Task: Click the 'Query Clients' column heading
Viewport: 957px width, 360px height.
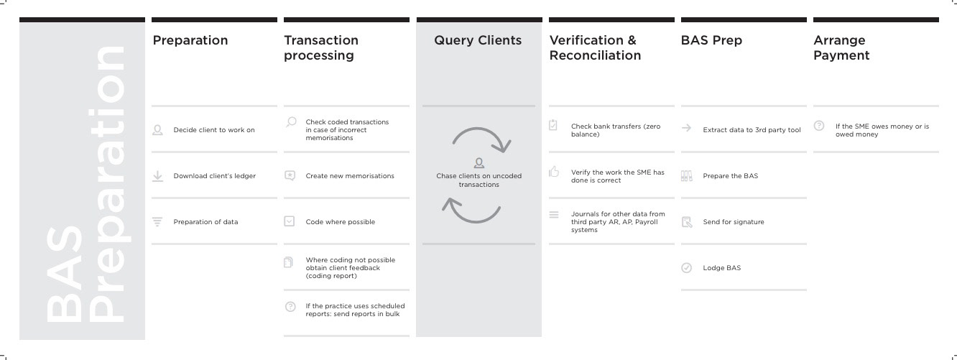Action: click(478, 40)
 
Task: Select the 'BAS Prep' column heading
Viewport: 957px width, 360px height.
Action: click(711, 40)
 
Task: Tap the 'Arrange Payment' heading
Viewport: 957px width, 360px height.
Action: click(841, 48)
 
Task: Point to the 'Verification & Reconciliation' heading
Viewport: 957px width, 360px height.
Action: click(595, 48)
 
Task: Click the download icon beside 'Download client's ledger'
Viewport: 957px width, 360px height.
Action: click(157, 176)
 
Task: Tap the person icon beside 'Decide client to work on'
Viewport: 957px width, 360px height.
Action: click(157, 130)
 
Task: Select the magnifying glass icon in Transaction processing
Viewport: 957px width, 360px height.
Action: click(291, 122)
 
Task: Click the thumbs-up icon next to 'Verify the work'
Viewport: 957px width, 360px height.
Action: click(554, 172)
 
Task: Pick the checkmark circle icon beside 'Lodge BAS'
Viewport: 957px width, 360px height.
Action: click(687, 268)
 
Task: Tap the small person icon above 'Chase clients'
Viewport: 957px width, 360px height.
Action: click(479, 162)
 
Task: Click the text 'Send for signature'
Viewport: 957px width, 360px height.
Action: click(734, 222)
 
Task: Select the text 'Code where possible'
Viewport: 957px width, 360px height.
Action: click(340, 222)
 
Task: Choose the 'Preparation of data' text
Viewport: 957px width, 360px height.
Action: click(205, 222)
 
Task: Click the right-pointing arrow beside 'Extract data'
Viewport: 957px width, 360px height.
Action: click(687, 128)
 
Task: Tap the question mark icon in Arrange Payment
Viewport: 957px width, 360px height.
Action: click(819, 126)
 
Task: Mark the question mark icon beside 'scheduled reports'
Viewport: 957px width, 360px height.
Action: click(290, 307)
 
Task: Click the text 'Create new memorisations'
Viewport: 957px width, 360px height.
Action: click(350, 176)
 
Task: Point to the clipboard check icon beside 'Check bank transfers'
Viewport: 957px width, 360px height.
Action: click(553, 125)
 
